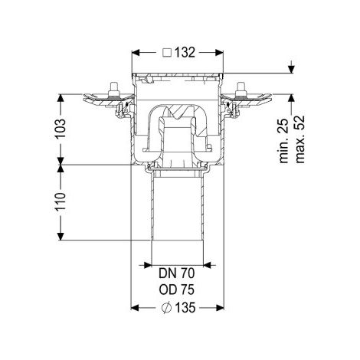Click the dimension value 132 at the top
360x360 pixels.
click(185, 53)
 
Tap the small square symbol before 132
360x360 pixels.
click(167, 53)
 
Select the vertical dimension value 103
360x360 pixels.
click(61, 129)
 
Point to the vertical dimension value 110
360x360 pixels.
click(61, 201)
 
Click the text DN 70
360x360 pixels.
click(177, 273)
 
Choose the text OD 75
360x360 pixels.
click(177, 290)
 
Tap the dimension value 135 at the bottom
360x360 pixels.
click(185, 308)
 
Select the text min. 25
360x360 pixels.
click(284, 141)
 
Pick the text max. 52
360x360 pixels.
click(300, 139)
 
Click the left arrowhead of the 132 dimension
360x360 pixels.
click(136, 53)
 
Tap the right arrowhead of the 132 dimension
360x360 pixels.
click(219, 53)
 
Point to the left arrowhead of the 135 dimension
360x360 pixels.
click(136, 308)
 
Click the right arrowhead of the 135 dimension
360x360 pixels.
click(220, 308)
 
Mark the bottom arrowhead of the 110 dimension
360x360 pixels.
click(61, 236)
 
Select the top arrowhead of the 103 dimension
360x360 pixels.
click(61, 99)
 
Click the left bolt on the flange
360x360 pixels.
click(113, 90)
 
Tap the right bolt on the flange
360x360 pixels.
click(240, 90)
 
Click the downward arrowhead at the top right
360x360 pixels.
click(291, 69)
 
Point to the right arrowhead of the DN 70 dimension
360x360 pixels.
click(208, 265)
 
